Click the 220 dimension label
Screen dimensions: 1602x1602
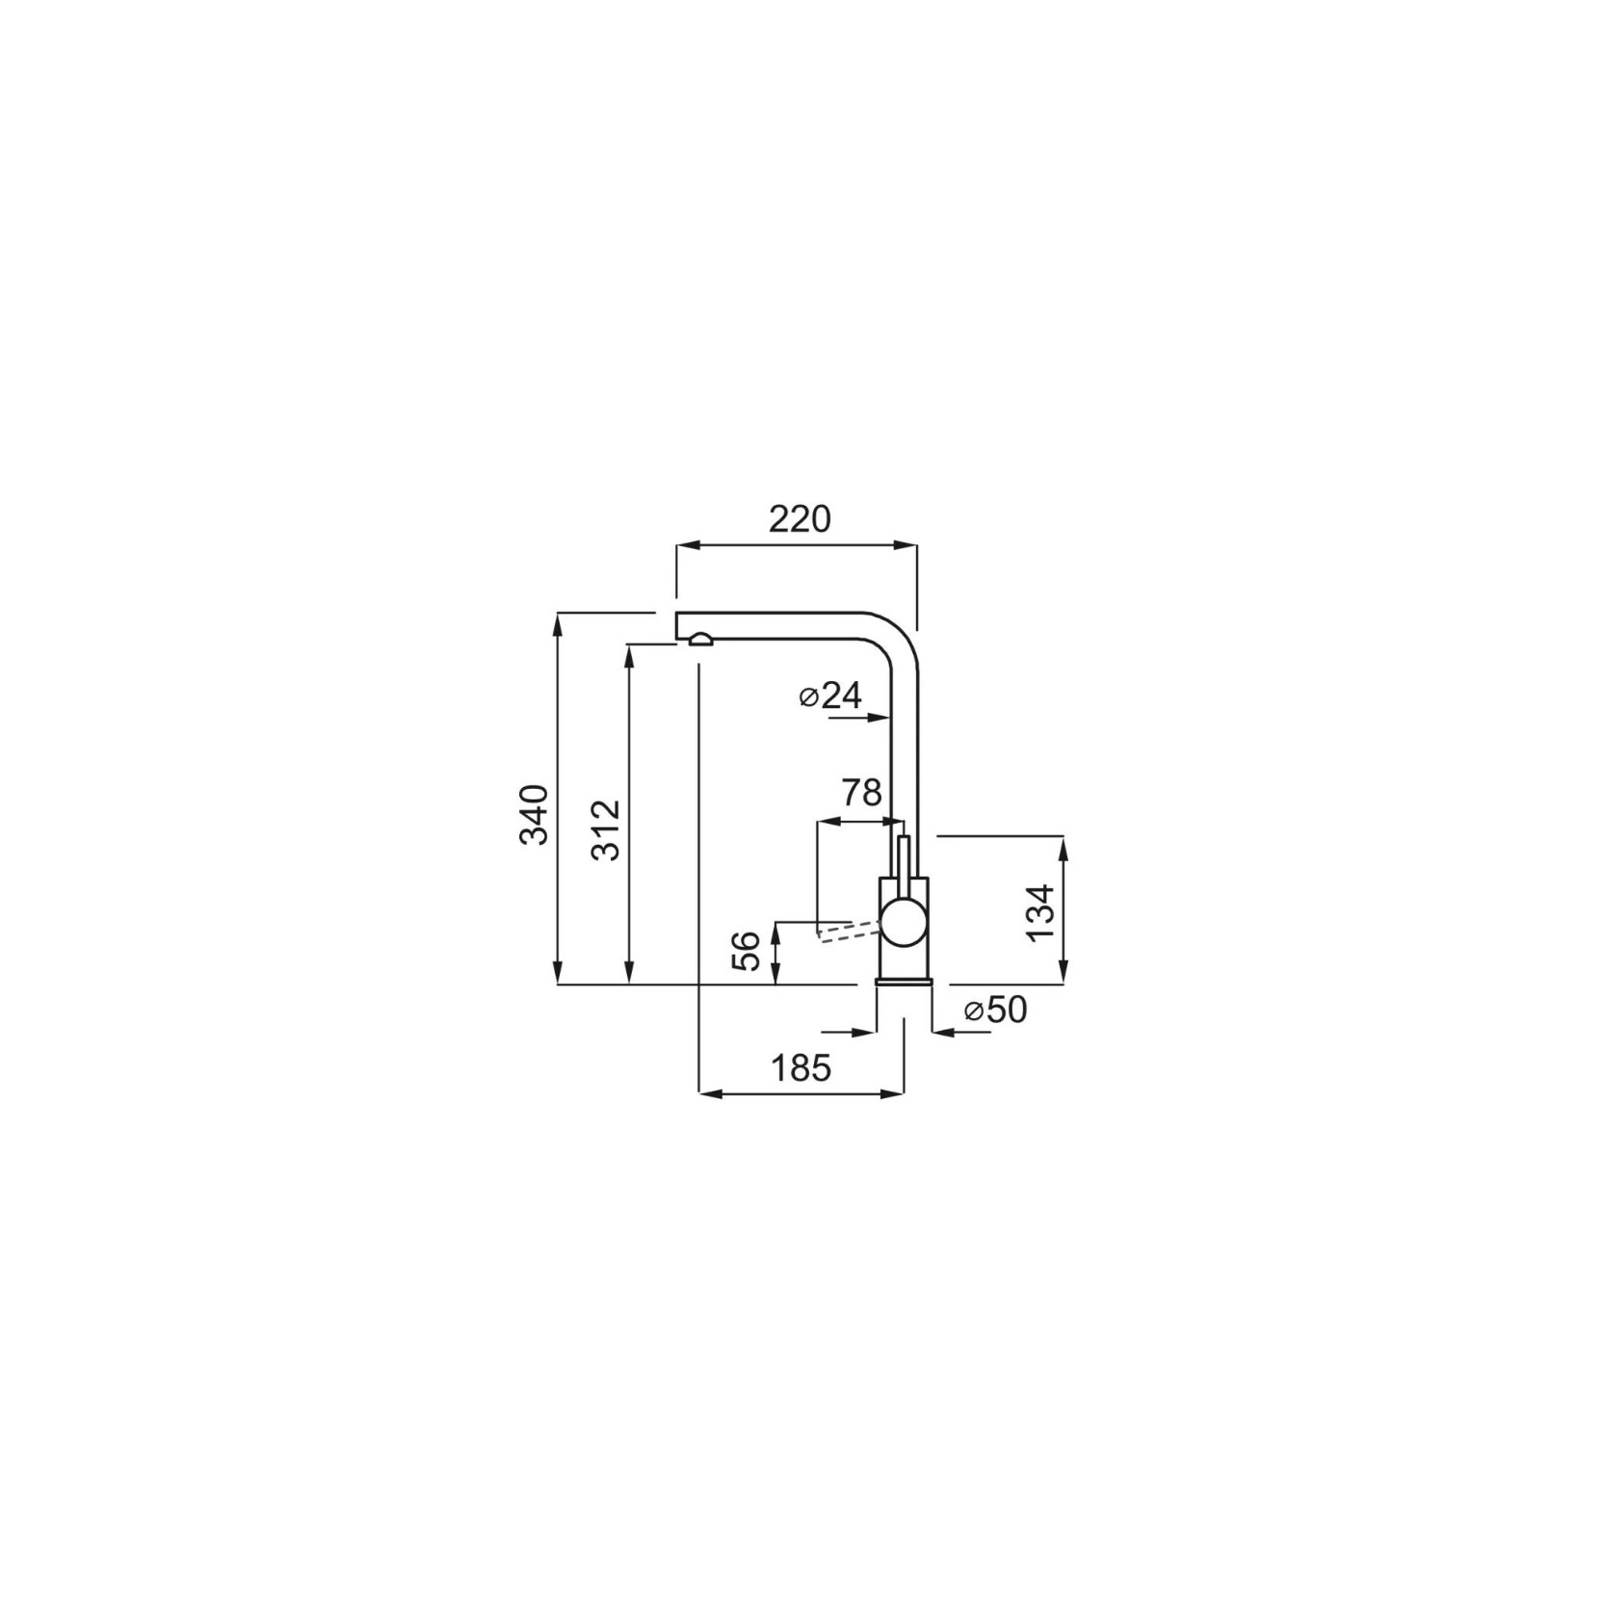pos(799,519)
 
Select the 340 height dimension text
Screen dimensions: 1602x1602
pos(535,814)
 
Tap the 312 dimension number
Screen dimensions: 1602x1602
pos(606,829)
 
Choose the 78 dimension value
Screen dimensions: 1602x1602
pos(861,793)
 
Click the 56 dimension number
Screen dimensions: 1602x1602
pos(748,950)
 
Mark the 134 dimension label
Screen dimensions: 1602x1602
pos(1040,913)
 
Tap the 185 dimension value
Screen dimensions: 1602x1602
pos(800,1067)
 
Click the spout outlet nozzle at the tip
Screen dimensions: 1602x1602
pos(700,640)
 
